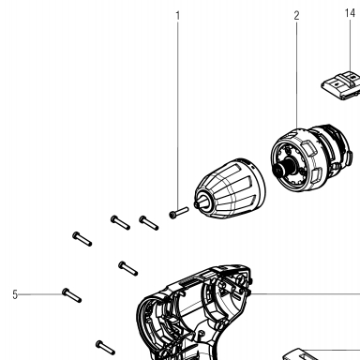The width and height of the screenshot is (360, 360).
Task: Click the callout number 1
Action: pos(178,15)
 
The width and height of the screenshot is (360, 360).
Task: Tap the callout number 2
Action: pos(296,15)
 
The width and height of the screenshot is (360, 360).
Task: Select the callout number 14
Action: pos(350,13)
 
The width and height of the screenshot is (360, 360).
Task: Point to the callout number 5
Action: pos(15,294)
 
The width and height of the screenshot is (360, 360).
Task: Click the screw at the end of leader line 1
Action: pos(179,213)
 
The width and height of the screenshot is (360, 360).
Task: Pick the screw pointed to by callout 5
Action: pos(72,295)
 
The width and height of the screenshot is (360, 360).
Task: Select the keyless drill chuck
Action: pos(230,187)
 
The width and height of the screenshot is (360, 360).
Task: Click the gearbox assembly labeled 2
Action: pos(311,157)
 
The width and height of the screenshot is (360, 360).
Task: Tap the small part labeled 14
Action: pos(341,86)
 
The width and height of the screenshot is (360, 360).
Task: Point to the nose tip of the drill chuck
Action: pos(197,204)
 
